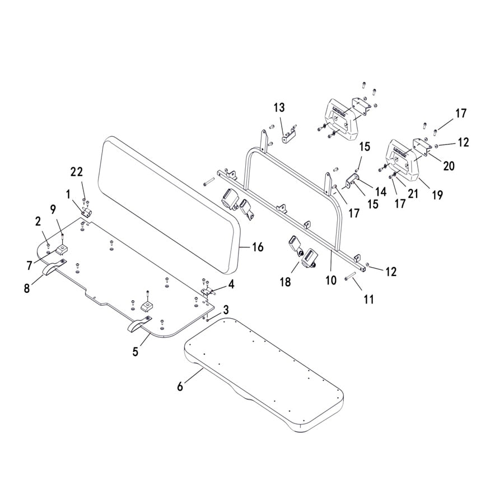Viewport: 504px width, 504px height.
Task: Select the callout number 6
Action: pos(180,386)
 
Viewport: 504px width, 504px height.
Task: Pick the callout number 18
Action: pos(286,282)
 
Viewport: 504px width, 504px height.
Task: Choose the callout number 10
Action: pos(331,280)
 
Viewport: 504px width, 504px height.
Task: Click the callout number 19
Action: pos(437,195)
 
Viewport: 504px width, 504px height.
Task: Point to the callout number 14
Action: pos(381,192)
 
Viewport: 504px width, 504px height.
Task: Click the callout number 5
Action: pos(135,352)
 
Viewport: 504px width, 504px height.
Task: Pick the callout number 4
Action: pos(231,284)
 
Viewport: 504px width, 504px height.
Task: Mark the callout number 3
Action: pos(226,310)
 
